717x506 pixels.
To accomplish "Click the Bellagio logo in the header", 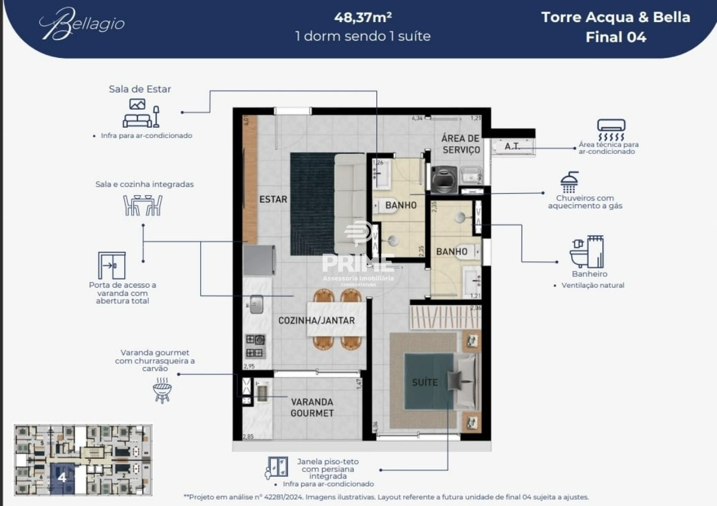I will tap(82, 24).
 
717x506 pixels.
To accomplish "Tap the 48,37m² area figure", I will tap(363, 17).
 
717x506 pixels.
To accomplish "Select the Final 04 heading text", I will tap(615, 37).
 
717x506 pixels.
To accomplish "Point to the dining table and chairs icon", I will tap(143, 205).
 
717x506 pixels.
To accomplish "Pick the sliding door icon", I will tap(112, 266).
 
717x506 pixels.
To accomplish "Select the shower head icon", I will tap(569, 181).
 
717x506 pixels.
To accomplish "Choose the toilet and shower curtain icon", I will tap(587, 252).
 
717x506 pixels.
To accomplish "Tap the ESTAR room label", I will tap(273, 199).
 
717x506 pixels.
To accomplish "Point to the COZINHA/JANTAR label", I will tap(316, 320).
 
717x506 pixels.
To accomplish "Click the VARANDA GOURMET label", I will tap(312, 407).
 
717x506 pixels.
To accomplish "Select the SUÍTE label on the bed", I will tap(424, 382).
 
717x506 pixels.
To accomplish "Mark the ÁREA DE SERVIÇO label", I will tap(460, 144).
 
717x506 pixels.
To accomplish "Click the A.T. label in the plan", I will tap(511, 146).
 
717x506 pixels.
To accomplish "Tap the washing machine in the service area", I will tap(444, 178).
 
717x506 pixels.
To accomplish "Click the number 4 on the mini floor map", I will tap(62, 477).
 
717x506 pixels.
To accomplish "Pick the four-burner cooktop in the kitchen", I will tap(255, 346).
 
